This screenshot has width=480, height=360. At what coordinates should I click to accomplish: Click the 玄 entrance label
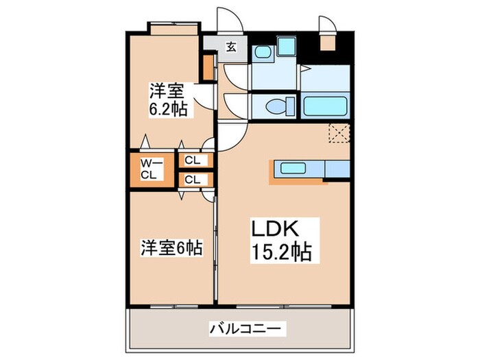tap(232, 47)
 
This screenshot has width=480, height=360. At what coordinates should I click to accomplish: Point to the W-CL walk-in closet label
tap(152, 169)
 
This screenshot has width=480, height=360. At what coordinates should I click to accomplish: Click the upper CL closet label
tap(193, 160)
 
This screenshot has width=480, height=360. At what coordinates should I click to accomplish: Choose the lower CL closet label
tap(193, 180)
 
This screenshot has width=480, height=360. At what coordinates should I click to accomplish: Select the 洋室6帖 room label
tap(171, 248)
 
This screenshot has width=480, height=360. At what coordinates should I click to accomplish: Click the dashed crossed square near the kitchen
tap(339, 133)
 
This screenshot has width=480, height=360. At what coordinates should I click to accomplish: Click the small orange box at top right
tap(328, 43)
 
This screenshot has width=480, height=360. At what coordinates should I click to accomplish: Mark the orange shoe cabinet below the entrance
tap(207, 67)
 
